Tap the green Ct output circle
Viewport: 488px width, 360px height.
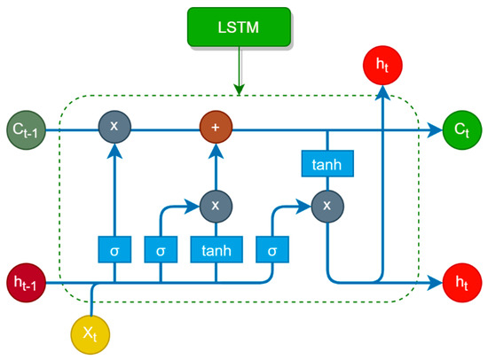[460, 129]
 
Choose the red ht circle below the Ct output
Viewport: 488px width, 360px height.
[460, 283]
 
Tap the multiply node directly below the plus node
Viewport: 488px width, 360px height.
[214, 206]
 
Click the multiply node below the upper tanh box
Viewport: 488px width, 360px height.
[327, 206]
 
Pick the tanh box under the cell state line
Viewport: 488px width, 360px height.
[327, 164]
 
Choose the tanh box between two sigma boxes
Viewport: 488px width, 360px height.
[214, 250]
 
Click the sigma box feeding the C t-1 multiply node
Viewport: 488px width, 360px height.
[114, 250]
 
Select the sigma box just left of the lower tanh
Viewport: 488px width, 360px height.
[161, 250]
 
